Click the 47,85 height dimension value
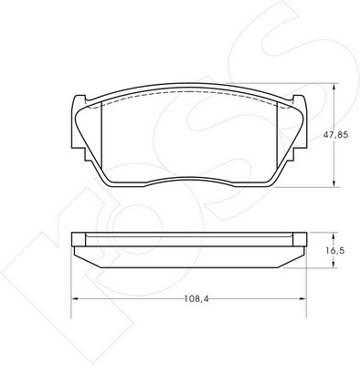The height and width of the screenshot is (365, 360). point(335,135)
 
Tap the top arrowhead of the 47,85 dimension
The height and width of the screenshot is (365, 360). point(334,87)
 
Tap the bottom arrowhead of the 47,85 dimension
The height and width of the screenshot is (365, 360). point(334,183)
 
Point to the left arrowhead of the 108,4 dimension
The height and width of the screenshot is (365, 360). point(75,298)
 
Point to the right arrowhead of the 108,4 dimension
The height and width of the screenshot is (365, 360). point(302,298)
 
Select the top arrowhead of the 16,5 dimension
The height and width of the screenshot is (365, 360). point(334,236)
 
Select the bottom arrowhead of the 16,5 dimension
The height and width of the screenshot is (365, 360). point(334,265)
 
